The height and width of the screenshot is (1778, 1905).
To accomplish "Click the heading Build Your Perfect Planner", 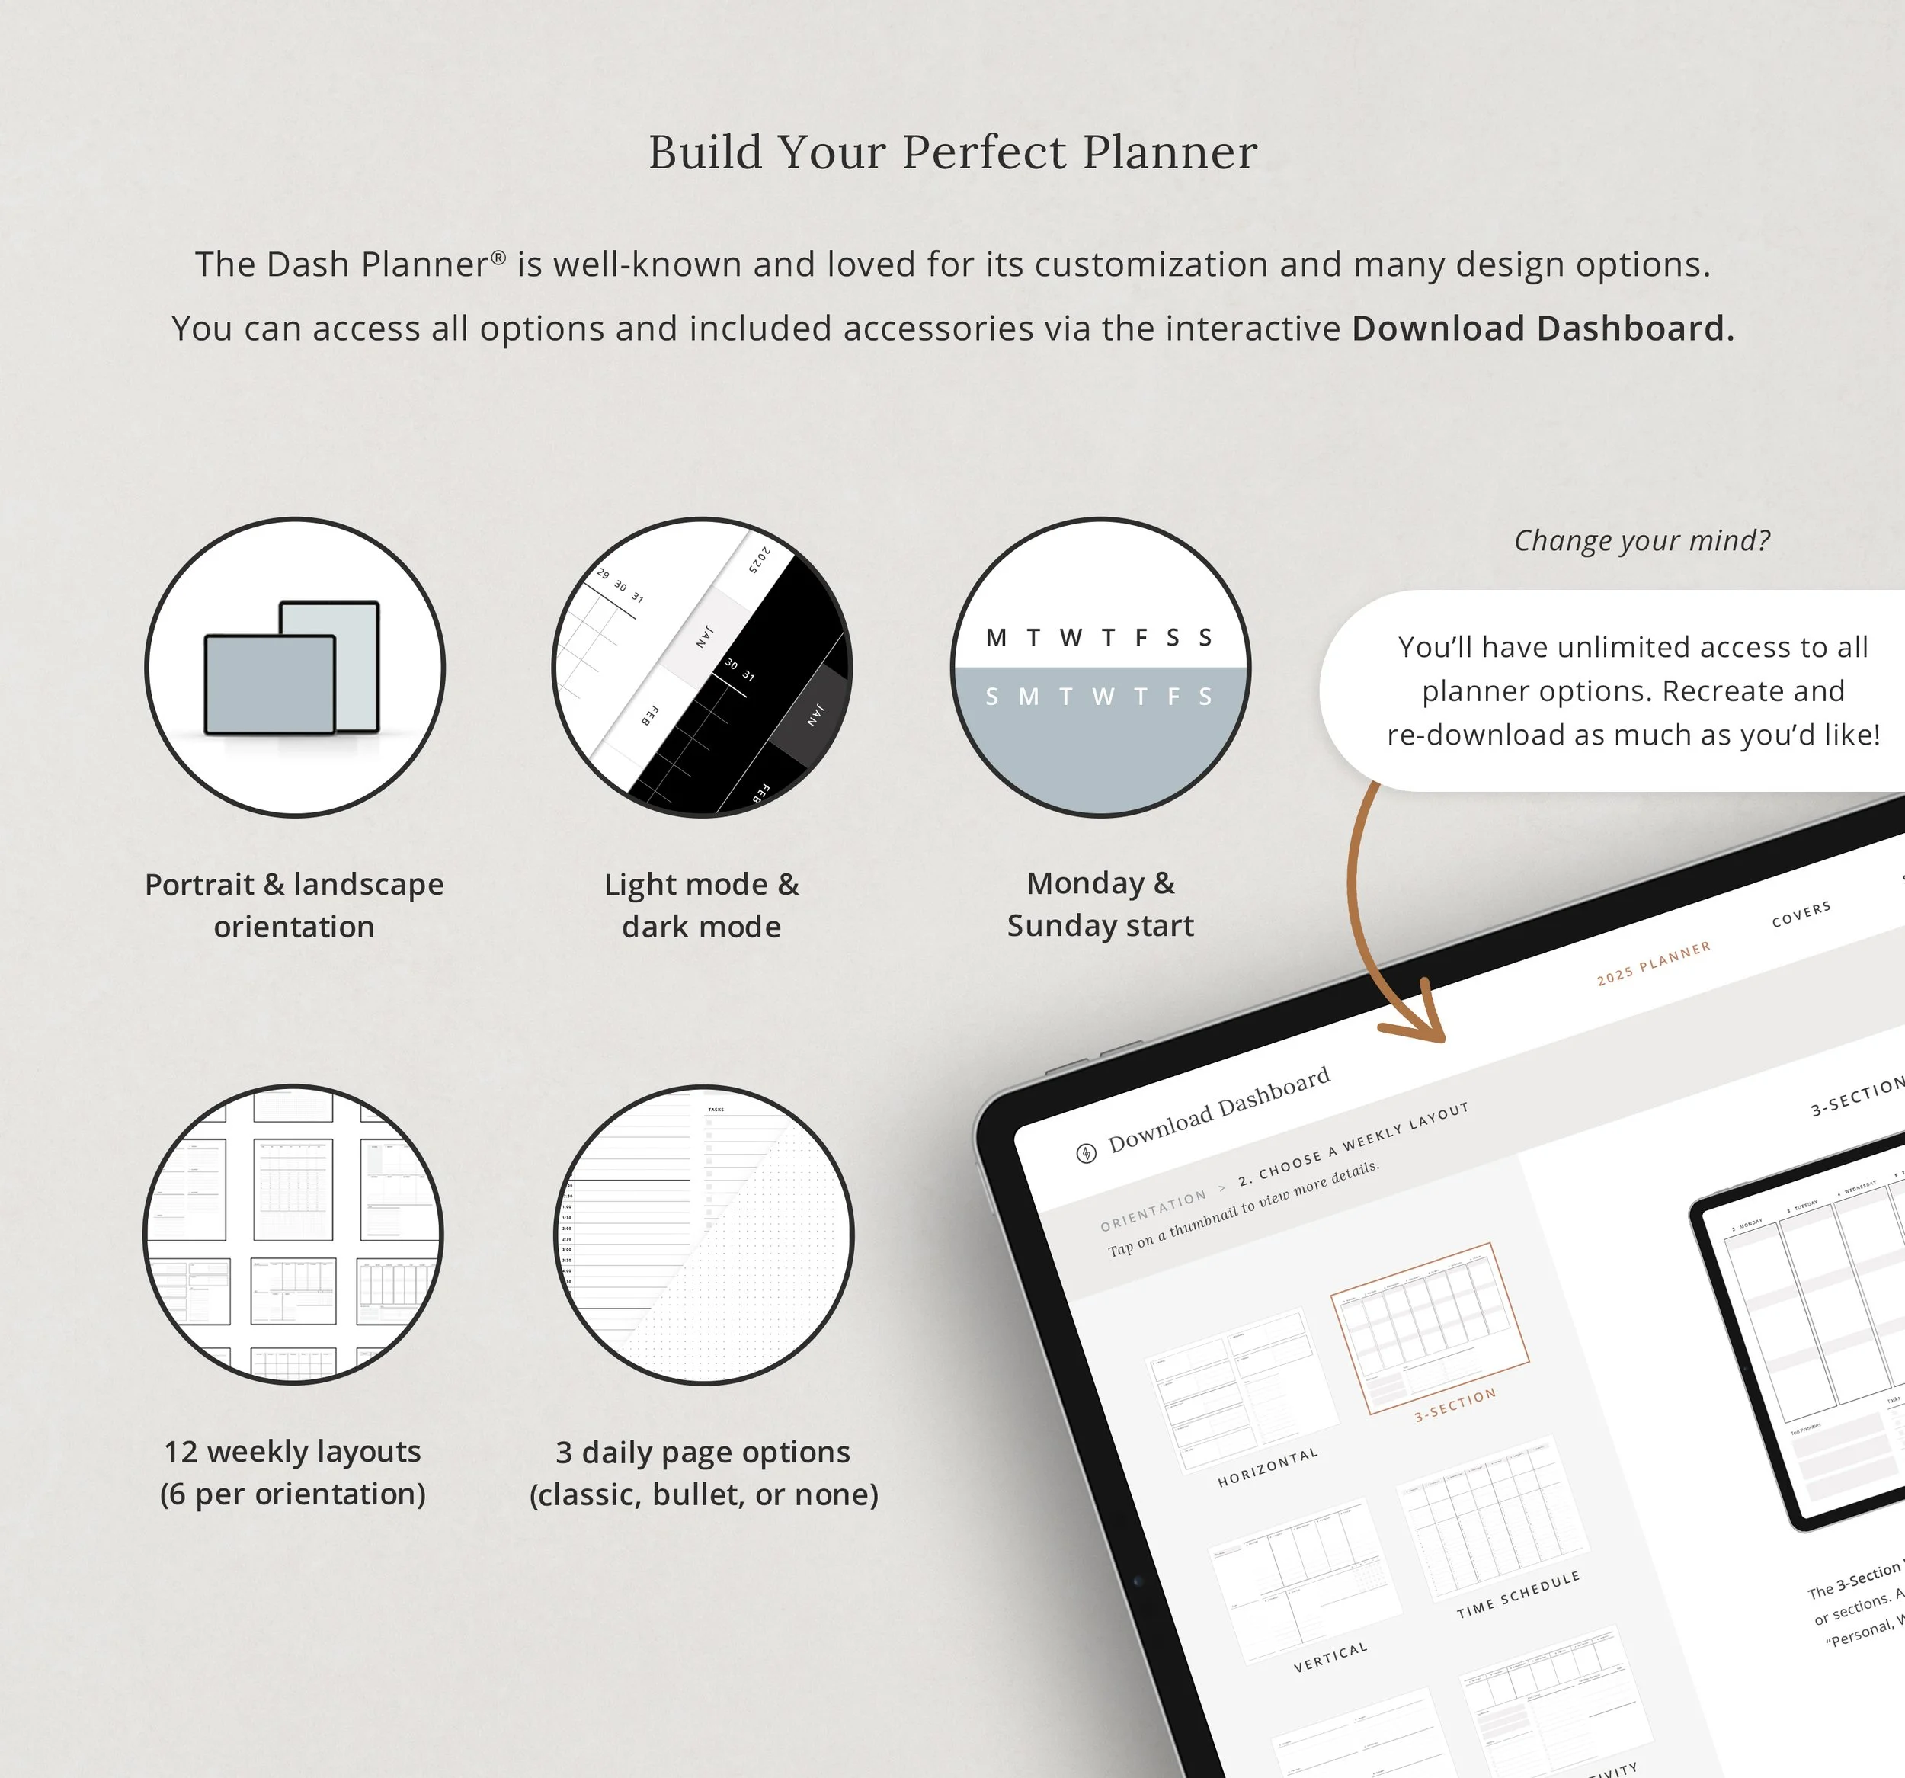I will [x=952, y=152].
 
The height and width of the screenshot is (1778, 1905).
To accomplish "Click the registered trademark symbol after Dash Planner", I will [x=498, y=257].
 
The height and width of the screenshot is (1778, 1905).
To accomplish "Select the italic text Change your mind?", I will [x=1641, y=540].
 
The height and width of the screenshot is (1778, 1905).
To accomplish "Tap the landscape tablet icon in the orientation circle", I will [x=271, y=685].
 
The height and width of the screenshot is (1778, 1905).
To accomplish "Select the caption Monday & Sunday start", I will [x=1100, y=904].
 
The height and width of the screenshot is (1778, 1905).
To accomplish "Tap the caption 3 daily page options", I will [x=703, y=1473].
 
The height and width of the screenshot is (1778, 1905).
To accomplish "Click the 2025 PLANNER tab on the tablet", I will [x=1653, y=963].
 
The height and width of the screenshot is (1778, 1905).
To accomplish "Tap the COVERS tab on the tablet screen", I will [x=1801, y=914].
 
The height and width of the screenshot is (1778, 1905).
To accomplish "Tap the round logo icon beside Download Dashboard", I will [x=1086, y=1153].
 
